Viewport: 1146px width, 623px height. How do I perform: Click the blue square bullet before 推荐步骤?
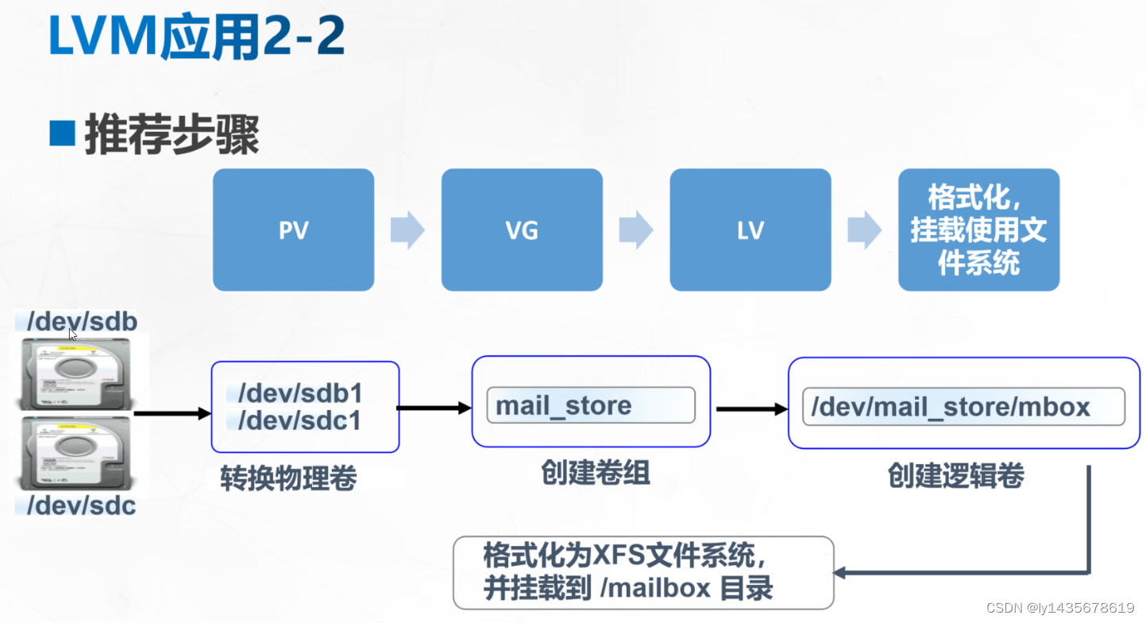coord(61,134)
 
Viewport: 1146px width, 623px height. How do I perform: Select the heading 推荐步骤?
coord(172,136)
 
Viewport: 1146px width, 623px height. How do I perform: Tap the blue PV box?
coord(293,230)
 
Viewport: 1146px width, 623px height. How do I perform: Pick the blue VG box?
coord(522,230)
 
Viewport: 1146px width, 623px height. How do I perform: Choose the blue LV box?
coord(750,230)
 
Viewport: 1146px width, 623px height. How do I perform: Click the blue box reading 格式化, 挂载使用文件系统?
coord(978,230)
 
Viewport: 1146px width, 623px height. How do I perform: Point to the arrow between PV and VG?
coord(407,230)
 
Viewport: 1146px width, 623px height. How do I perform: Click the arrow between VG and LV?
coord(635,230)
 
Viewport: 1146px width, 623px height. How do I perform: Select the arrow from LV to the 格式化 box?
coord(864,230)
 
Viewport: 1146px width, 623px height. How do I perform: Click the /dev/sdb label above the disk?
coord(82,321)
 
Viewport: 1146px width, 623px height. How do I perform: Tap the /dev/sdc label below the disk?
coord(82,505)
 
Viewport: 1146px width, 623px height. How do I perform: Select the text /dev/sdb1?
coord(300,393)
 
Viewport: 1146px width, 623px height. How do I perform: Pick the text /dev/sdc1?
coord(300,420)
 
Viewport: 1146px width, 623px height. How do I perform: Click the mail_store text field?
coord(590,405)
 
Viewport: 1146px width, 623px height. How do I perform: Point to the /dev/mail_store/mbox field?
coord(963,407)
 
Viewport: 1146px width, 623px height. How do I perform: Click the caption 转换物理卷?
coord(288,478)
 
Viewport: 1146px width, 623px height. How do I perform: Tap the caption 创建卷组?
coord(596,473)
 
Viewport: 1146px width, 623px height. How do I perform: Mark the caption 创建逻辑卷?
coord(955,475)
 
